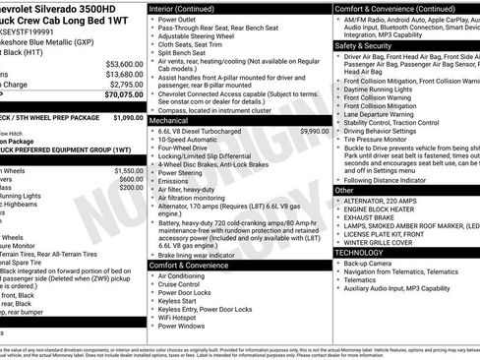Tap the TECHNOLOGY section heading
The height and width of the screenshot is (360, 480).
click(359, 252)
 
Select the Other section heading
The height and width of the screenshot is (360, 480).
click(344, 190)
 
